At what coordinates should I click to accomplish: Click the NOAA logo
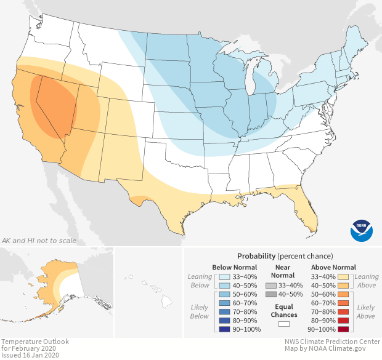tap(362, 230)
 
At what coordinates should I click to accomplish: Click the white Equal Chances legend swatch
tap(284, 322)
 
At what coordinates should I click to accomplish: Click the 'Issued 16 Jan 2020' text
tap(30, 355)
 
